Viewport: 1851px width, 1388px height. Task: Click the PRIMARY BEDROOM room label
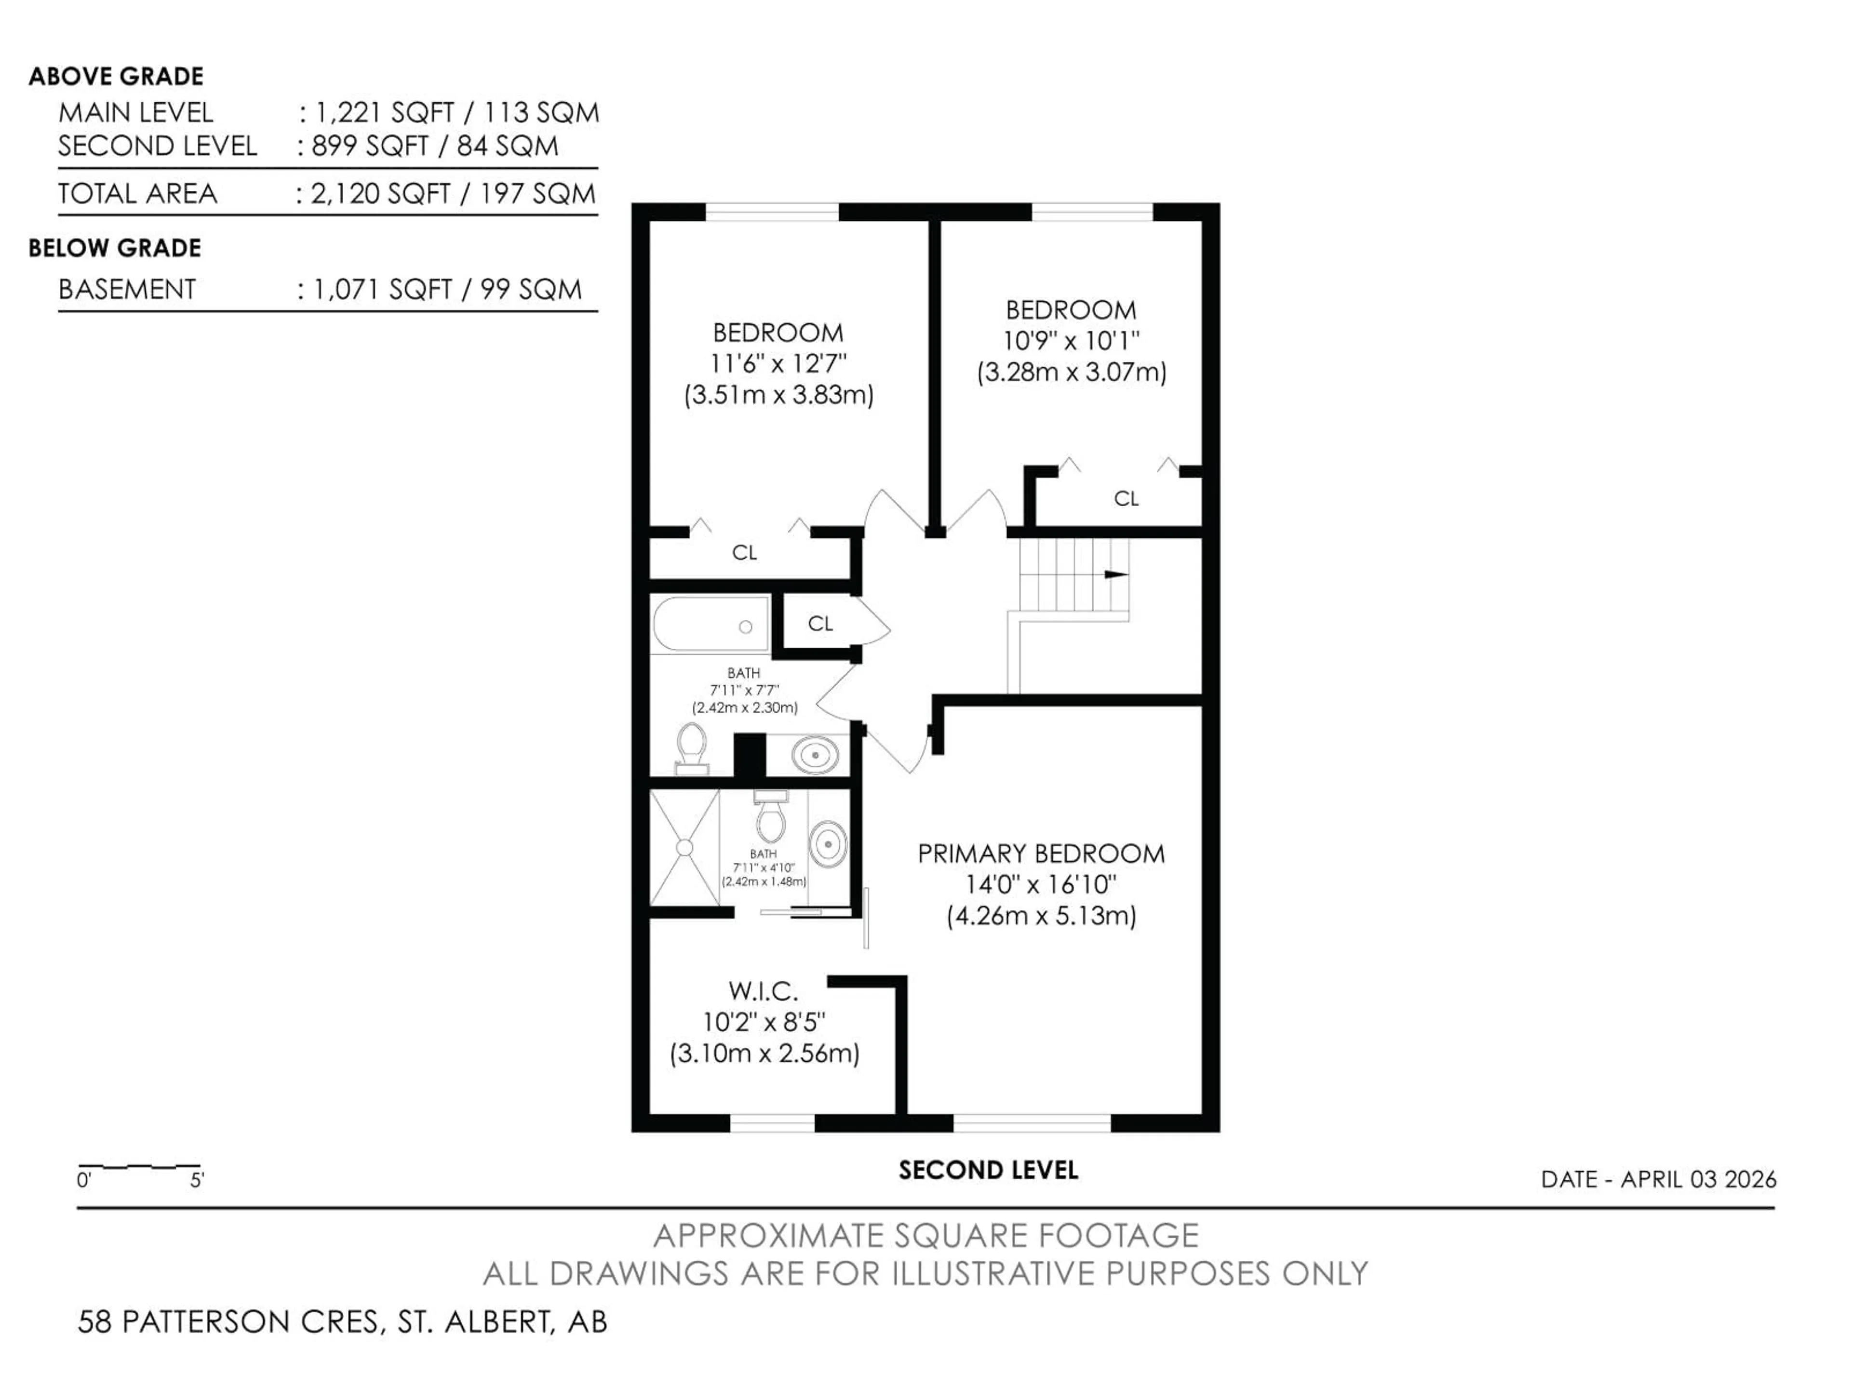tap(1041, 854)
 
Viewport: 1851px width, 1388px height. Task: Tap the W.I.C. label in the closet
tap(763, 990)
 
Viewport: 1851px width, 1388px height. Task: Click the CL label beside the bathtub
tap(820, 623)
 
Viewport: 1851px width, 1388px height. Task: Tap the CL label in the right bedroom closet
tap(1127, 499)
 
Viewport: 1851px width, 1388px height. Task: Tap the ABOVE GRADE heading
tap(116, 76)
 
